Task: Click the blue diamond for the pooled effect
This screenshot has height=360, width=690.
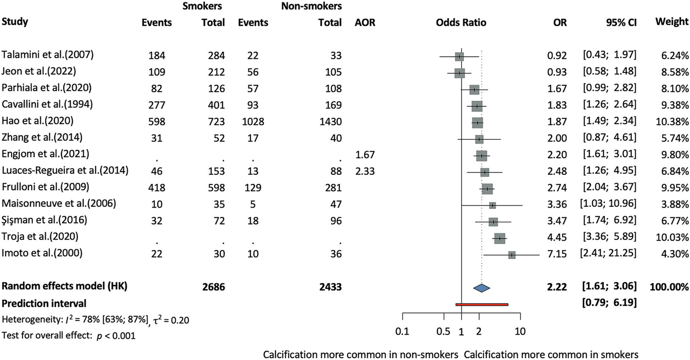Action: click(481, 288)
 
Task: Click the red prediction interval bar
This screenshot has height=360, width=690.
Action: click(481, 304)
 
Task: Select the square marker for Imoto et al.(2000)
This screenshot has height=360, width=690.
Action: click(512, 255)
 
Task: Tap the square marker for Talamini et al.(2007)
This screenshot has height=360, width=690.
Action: click(459, 57)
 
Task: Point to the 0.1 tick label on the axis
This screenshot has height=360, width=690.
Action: click(402, 332)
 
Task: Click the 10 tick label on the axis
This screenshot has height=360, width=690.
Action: click(520, 332)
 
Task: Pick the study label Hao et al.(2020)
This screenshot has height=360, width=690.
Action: click(37, 121)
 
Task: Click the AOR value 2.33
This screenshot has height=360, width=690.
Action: click(365, 171)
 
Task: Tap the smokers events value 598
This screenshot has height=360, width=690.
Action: click(157, 122)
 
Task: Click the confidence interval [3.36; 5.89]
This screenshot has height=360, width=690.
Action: click(610, 237)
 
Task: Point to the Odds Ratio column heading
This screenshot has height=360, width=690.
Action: click(461, 22)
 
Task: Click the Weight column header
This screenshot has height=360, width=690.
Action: click(672, 22)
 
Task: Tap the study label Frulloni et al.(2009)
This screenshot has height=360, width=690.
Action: click(45, 187)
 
